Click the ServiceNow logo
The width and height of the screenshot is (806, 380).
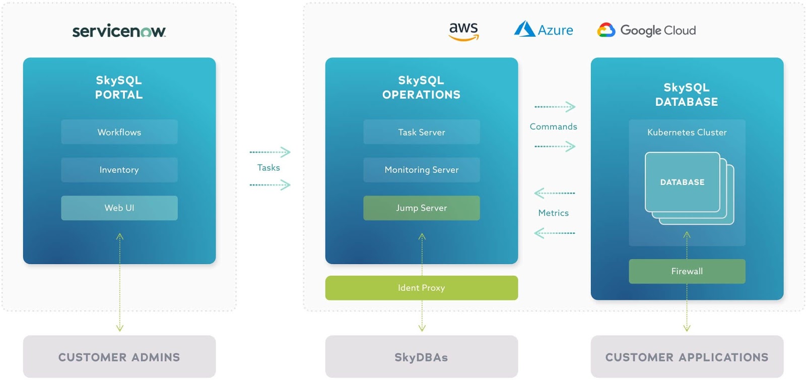click(119, 31)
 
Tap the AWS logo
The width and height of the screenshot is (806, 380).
click(463, 31)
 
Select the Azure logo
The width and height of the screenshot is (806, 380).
click(544, 30)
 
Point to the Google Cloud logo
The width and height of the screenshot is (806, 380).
click(646, 30)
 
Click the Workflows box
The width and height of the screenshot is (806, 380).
click(119, 132)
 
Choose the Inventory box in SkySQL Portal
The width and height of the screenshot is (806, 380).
click(119, 170)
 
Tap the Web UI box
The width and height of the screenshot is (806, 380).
click(119, 208)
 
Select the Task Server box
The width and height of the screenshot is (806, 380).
click(422, 132)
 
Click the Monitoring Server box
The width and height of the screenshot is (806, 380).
click(422, 170)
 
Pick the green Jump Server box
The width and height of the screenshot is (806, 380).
click(422, 208)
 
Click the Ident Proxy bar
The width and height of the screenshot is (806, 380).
click(422, 288)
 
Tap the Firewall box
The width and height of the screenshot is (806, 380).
click(687, 271)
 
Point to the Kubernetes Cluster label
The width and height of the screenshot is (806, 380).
click(687, 133)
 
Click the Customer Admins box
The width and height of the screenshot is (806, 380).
click(119, 357)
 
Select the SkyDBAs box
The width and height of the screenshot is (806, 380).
click(422, 357)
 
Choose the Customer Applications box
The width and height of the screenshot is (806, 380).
click(687, 357)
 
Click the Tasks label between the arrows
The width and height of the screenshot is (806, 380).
click(268, 168)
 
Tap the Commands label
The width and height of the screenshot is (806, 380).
click(553, 126)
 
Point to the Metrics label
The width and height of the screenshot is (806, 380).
click(553, 213)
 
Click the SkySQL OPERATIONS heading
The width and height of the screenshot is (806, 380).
click(422, 88)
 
